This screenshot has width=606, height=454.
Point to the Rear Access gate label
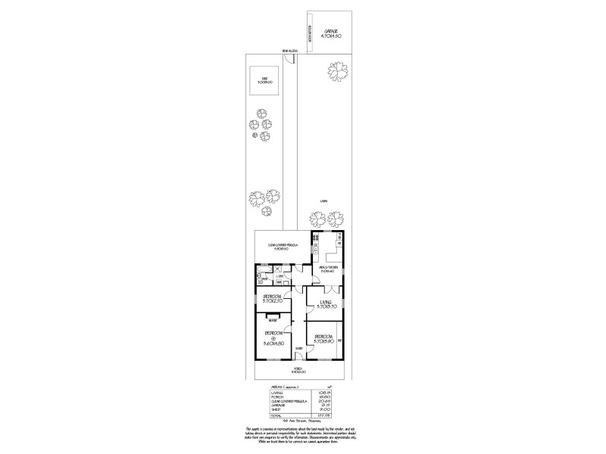coord(289,51)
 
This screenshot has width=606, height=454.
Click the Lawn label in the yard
coord(323,201)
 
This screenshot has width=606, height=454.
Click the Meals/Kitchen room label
coord(327,269)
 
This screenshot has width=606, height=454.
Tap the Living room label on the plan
coord(326,304)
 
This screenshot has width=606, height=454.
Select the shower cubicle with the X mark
coord(277,269)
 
